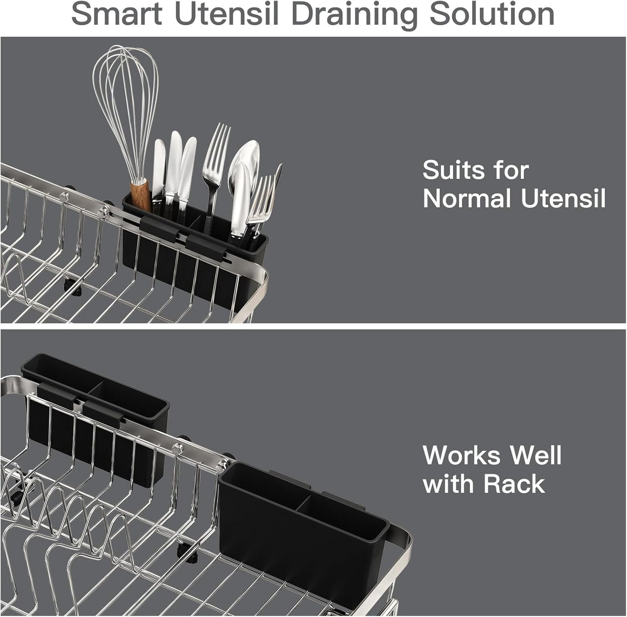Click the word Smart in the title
[116, 14]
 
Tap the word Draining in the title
[353, 15]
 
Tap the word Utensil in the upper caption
[563, 199]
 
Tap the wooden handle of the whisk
[141, 197]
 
